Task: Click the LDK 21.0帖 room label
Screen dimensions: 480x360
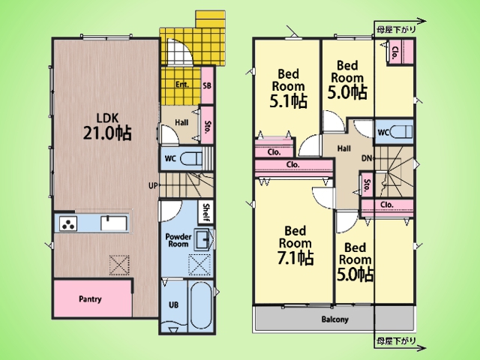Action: click(107, 127)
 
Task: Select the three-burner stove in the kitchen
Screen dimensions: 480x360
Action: click(68, 223)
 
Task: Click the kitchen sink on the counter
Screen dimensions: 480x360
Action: click(114, 223)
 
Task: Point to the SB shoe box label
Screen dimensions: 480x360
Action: click(207, 85)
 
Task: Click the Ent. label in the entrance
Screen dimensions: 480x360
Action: click(182, 85)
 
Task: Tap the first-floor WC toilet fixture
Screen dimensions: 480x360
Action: click(191, 159)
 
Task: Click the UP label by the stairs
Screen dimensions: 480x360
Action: click(153, 185)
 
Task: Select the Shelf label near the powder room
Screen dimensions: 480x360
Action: click(206, 212)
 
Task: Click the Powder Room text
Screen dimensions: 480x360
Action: click(178, 240)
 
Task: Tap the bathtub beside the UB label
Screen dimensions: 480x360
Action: click(200, 305)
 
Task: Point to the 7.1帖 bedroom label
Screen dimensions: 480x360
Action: click(295, 245)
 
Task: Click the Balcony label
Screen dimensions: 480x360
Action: click(335, 319)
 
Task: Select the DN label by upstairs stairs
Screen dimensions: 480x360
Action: click(367, 158)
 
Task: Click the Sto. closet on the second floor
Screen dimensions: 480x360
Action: click(367, 185)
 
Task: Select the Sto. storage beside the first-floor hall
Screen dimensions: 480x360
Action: click(207, 125)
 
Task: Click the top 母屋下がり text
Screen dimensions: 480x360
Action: click(397, 29)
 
